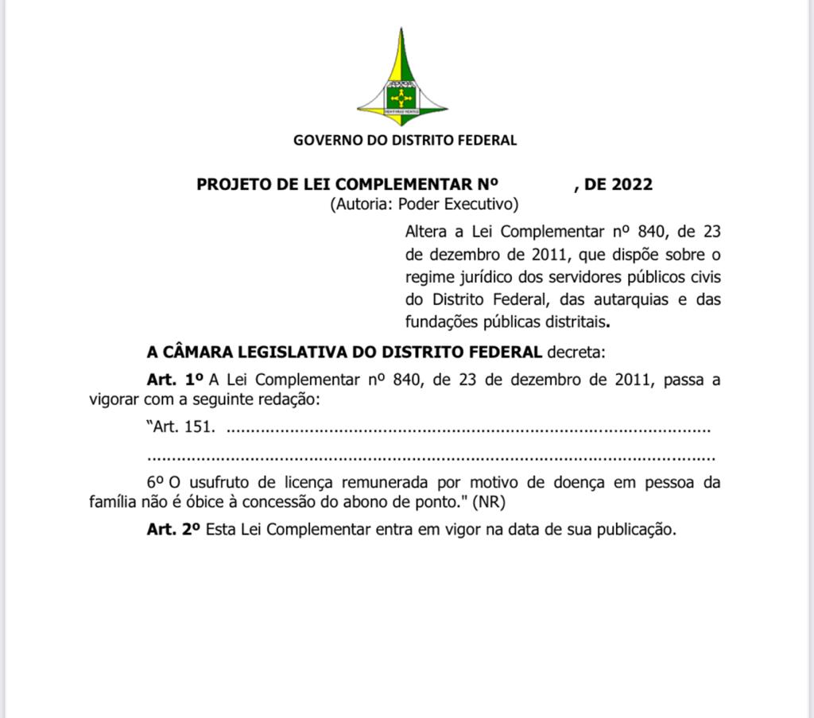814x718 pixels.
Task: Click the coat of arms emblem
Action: [402, 79]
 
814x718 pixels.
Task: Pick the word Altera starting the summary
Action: [428, 232]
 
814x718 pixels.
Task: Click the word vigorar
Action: [113, 400]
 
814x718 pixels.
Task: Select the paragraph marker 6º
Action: [155, 482]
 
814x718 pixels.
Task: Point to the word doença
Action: [595, 482]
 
